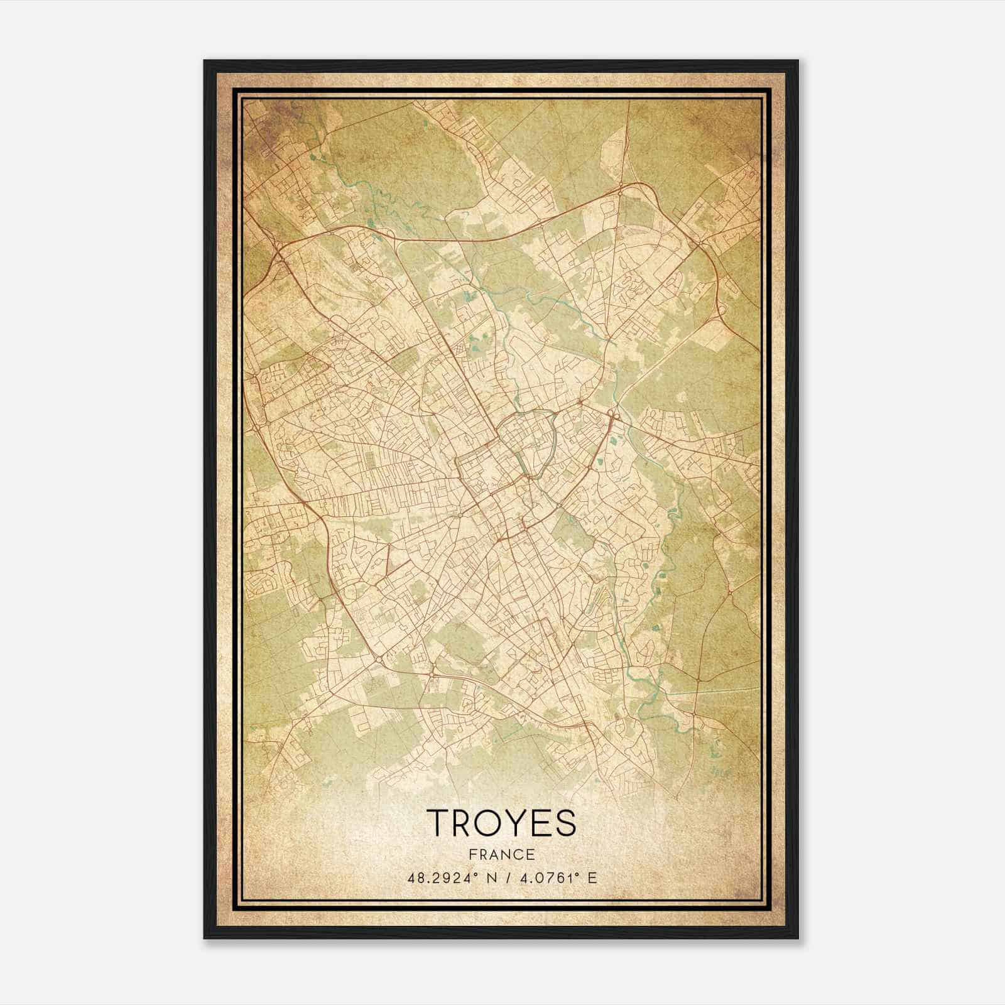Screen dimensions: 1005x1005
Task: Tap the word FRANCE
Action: coord(501,854)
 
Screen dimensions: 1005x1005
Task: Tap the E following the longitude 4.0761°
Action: coord(592,878)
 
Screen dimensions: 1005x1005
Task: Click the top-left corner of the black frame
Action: coord(205,61)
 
